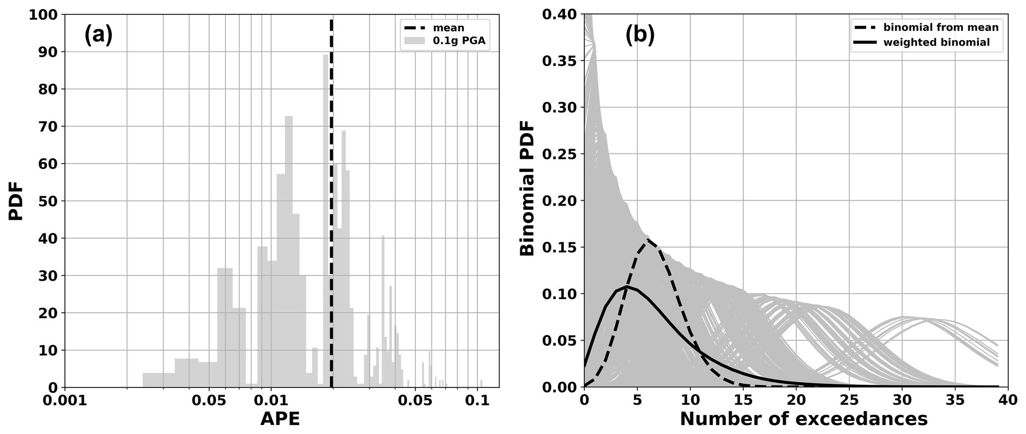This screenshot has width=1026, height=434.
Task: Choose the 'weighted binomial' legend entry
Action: tap(936, 43)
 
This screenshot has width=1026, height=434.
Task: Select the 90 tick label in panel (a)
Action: tap(50, 52)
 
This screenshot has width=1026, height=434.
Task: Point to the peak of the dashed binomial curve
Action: tap(648, 240)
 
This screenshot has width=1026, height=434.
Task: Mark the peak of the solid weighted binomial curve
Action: tap(626, 287)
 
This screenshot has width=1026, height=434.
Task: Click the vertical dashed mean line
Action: tap(332, 199)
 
